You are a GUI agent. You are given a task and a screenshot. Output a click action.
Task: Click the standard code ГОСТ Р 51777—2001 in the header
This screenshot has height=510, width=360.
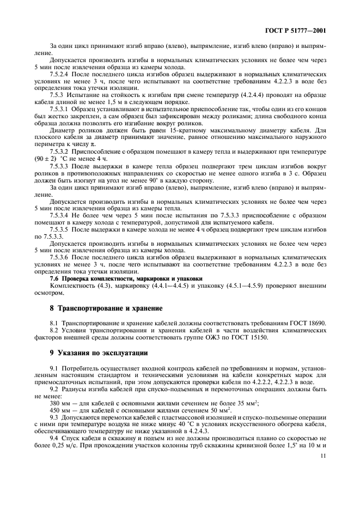coord(298,31)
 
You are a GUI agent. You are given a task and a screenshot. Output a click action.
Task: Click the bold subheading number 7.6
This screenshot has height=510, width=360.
coord(55,278)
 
